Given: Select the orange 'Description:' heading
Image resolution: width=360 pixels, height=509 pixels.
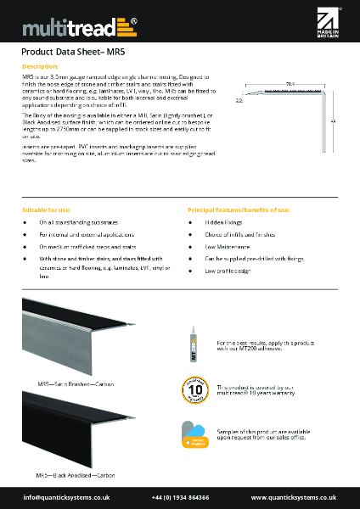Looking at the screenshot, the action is coord(40,66).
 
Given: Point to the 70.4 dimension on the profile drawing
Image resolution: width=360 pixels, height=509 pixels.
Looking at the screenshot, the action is coord(290,85).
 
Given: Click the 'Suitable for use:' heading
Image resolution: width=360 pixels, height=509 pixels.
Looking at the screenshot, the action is coord(47,209).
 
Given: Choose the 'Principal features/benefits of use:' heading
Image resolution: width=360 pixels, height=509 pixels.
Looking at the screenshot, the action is coord(239,209).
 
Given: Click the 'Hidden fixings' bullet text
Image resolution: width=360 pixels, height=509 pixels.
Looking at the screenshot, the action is coord(222,222).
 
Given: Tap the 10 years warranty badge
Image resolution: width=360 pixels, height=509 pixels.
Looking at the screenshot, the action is coord(194,389).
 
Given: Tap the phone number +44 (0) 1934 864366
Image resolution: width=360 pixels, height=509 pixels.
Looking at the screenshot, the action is coord(179,496).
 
